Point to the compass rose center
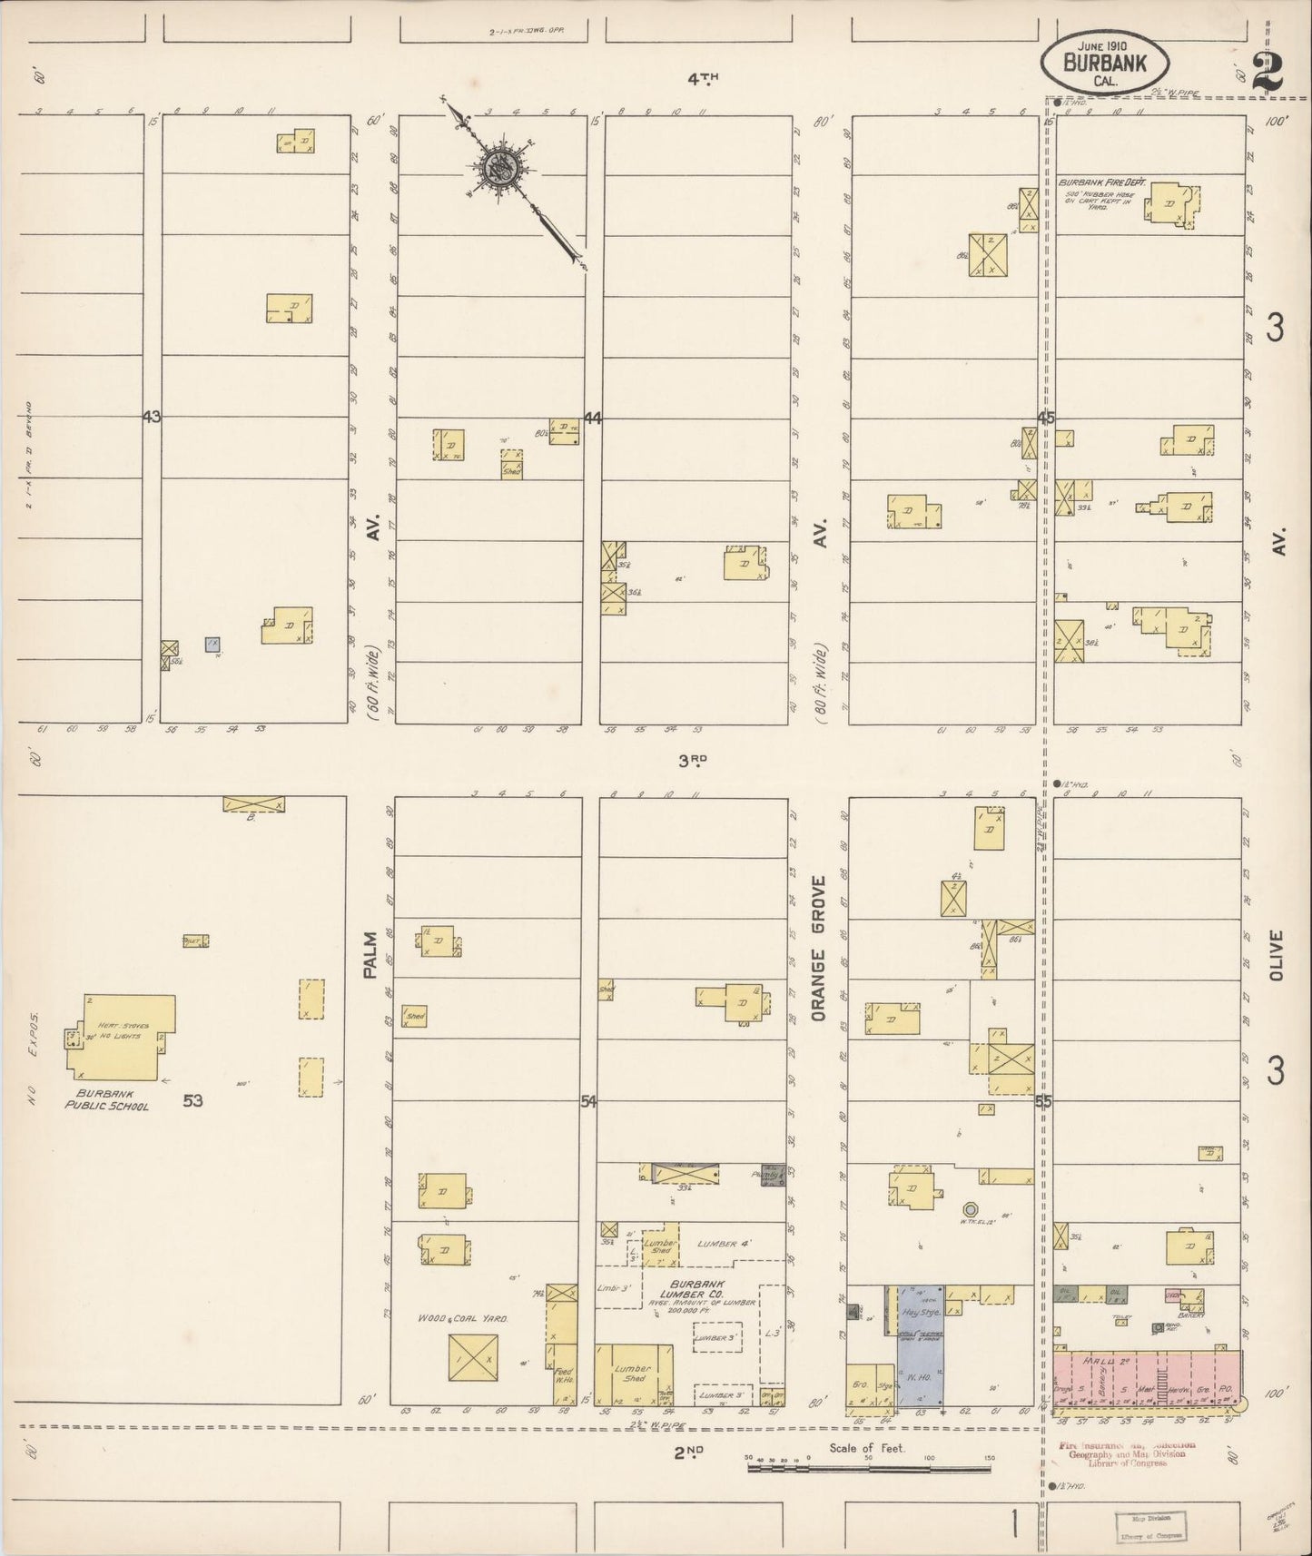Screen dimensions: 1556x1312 (x=498, y=167)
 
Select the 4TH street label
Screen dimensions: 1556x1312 (x=702, y=80)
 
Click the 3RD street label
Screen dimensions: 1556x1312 (x=692, y=763)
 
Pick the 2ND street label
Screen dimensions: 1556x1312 (x=689, y=1453)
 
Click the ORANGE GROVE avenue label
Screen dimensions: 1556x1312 (x=818, y=949)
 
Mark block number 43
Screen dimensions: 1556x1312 (x=151, y=418)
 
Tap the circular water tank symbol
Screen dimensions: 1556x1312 (x=970, y=1208)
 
